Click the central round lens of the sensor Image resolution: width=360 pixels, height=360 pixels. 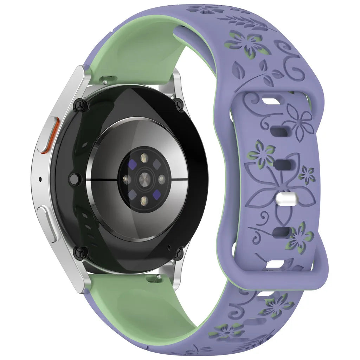144,179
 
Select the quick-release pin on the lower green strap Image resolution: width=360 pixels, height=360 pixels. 153,279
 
